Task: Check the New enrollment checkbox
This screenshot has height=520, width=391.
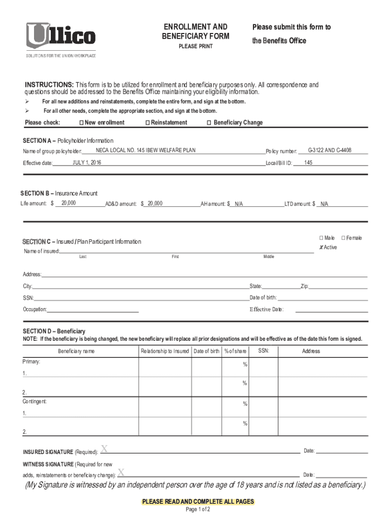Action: click(81, 123)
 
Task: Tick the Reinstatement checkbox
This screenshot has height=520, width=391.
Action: click(147, 123)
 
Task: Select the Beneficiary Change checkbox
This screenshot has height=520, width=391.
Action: click(209, 123)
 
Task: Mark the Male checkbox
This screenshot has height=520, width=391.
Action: click(321, 238)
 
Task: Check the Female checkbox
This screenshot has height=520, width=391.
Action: click(344, 238)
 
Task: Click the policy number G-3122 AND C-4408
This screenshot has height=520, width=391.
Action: click(330, 150)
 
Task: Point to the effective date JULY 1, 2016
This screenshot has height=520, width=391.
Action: click(87, 162)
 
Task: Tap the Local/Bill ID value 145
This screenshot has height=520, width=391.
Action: click(308, 162)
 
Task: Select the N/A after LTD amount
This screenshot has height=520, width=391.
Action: click(324, 204)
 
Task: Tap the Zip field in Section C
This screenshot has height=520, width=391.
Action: click(338, 287)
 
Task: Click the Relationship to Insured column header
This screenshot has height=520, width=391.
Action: click(165, 351)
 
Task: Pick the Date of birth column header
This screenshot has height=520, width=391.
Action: click(206, 351)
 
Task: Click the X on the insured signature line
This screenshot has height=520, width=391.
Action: click(104, 448)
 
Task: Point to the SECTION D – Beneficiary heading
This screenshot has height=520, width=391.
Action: click(53, 331)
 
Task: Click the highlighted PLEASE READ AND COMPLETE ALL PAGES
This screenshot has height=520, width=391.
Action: click(198, 502)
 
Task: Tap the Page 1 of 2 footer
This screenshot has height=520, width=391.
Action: click(198, 509)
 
